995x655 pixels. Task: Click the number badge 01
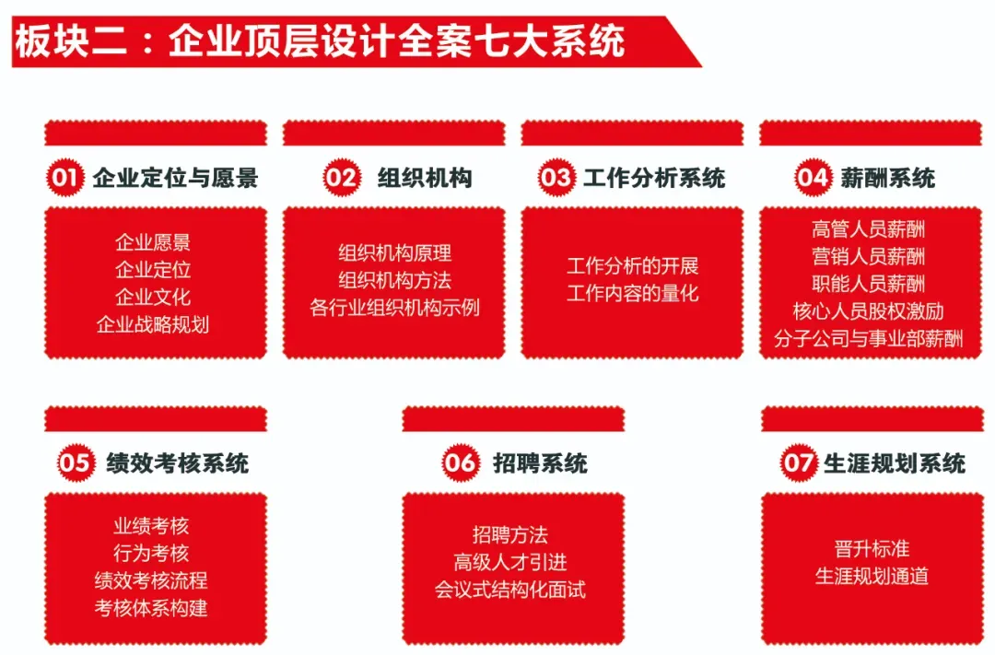(64, 178)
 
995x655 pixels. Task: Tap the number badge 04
(813, 178)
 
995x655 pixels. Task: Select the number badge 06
(460, 463)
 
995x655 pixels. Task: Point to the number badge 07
(798, 463)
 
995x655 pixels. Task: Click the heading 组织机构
(425, 178)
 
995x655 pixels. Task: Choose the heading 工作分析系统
(654, 178)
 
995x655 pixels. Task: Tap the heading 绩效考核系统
(177, 463)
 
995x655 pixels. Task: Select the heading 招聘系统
(540, 463)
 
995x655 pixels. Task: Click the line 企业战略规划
(153, 324)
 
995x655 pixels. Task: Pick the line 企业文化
(153, 297)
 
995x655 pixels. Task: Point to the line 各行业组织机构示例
(394, 307)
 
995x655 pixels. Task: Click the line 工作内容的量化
(633, 293)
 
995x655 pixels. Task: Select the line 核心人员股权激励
(869, 310)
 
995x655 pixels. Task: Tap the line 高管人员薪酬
(869, 228)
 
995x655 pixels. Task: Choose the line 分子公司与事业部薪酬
(869, 338)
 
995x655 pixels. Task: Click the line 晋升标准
(872, 549)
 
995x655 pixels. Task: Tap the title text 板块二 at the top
(69, 41)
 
